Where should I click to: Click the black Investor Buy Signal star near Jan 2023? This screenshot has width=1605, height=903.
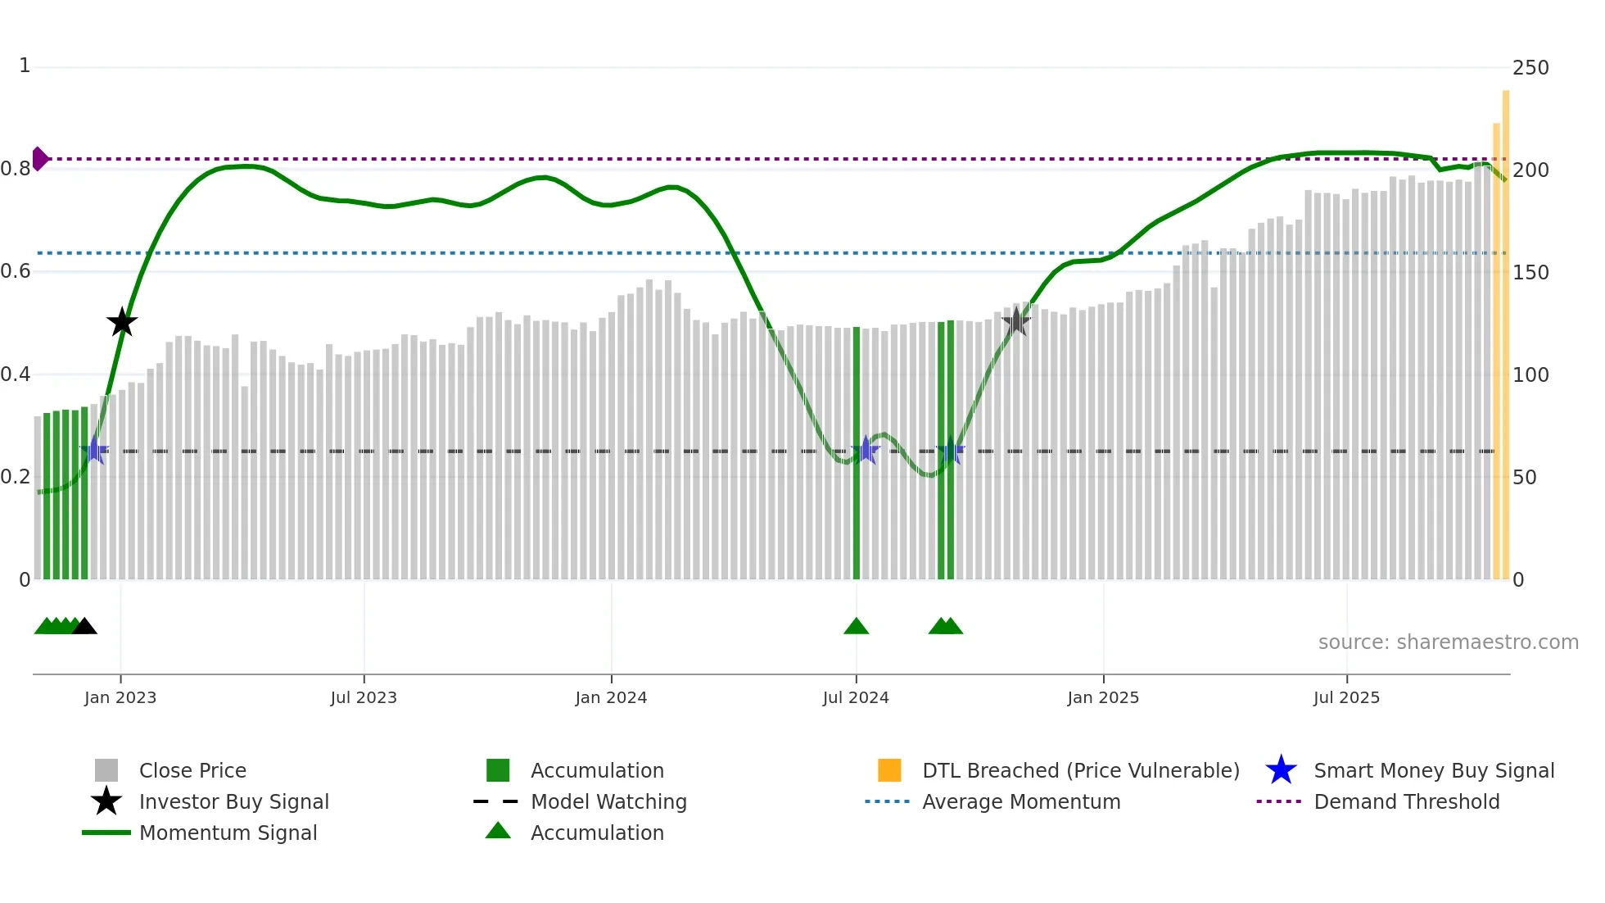[x=122, y=322]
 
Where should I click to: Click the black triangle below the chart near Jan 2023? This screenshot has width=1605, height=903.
[x=84, y=627]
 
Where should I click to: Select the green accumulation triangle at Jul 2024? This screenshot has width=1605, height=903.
[x=856, y=627]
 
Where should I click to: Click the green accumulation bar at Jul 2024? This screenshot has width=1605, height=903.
[x=857, y=452]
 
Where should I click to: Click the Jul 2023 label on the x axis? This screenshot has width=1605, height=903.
[x=364, y=697]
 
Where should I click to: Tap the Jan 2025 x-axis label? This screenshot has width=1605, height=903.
[x=1103, y=697]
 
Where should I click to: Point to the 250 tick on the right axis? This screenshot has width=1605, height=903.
[x=1530, y=68]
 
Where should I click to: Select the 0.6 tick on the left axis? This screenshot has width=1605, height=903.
[x=16, y=271]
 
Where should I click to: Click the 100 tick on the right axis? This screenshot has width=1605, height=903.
[x=1530, y=375]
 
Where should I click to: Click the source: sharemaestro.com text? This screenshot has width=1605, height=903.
[x=1448, y=642]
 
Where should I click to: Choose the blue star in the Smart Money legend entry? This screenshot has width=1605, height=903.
[x=1281, y=770]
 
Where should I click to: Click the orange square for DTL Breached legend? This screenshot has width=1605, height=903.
[x=889, y=770]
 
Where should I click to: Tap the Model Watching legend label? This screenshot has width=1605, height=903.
[x=608, y=801]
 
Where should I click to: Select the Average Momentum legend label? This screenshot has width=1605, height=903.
[x=1021, y=801]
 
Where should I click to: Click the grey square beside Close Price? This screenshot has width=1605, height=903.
[x=106, y=770]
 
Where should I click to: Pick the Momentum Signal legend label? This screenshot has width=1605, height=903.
[x=228, y=833]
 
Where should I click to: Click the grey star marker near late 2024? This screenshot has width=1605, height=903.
[x=1015, y=321]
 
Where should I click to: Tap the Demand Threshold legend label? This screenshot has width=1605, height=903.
[x=1406, y=801]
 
